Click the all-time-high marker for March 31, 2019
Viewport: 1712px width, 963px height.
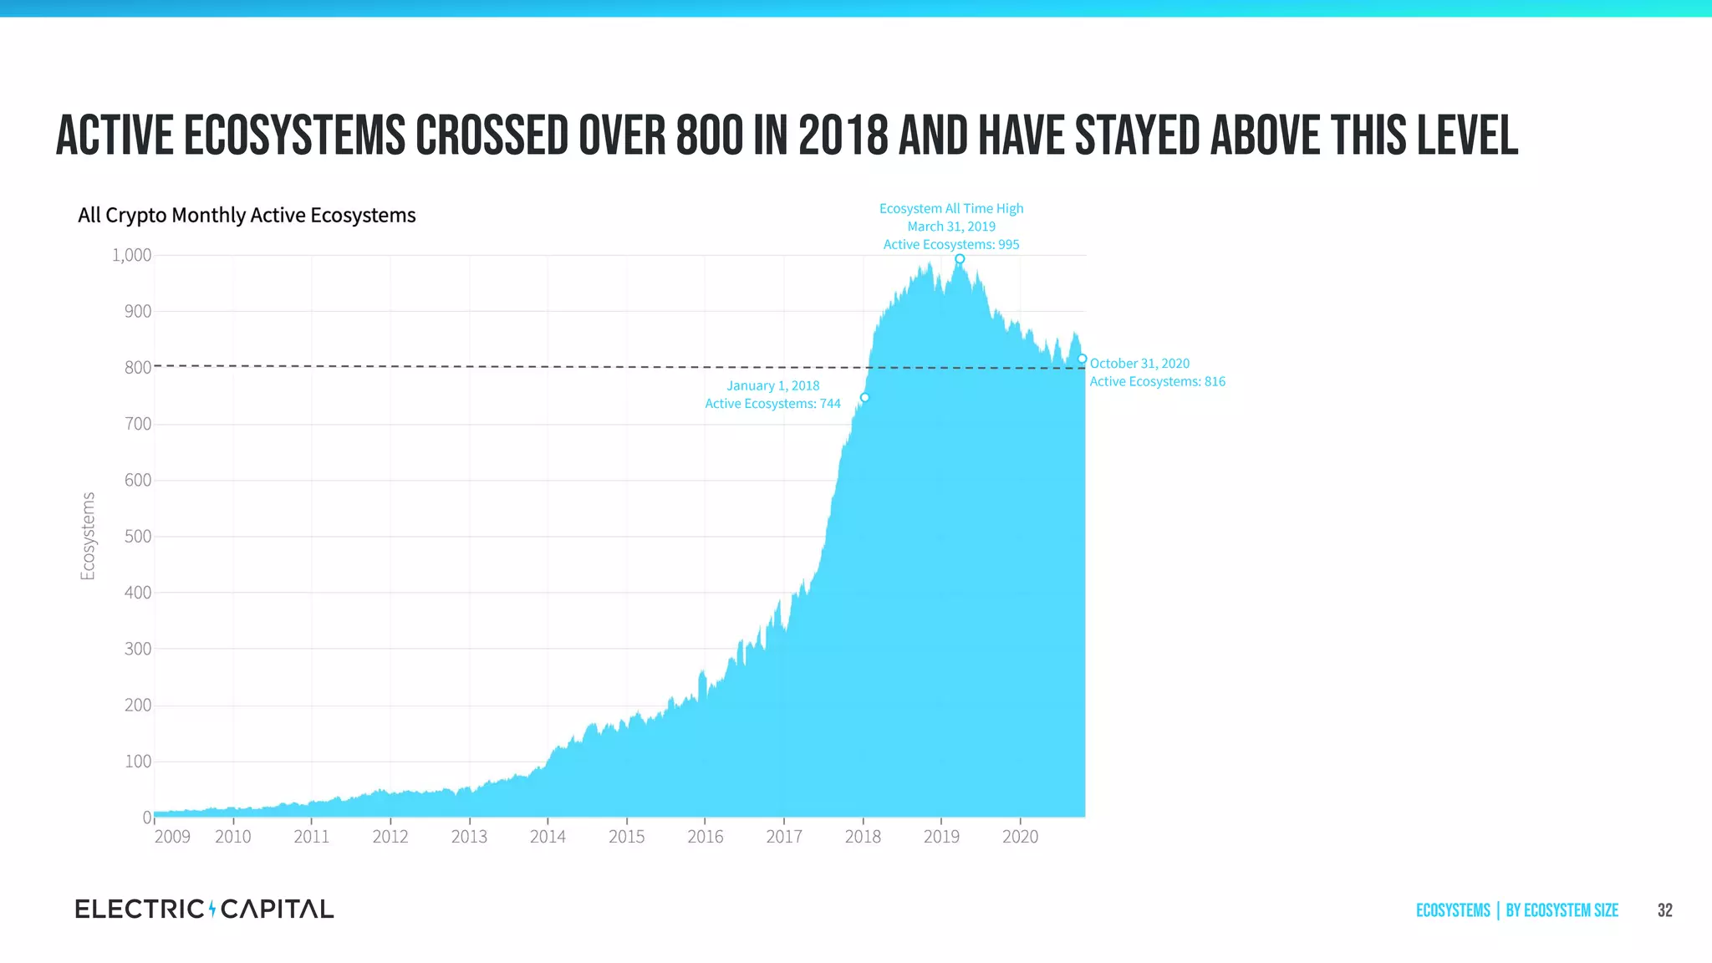point(960,259)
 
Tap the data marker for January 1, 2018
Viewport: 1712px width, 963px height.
point(864,398)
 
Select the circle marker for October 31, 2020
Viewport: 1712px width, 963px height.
point(1082,359)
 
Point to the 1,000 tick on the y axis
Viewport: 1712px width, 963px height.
point(131,255)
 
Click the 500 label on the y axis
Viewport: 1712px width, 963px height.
point(138,536)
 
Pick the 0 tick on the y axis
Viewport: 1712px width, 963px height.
point(147,818)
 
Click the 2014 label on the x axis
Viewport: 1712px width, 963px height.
point(548,837)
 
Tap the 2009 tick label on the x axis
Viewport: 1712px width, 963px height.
point(172,837)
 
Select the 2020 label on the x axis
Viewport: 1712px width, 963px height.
point(1020,837)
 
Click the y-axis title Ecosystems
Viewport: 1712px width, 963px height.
point(88,536)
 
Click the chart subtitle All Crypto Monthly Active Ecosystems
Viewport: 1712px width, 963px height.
point(247,216)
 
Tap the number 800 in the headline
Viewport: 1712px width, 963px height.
point(709,136)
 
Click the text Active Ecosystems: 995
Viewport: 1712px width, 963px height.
point(951,245)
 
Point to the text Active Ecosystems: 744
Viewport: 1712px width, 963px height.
point(772,404)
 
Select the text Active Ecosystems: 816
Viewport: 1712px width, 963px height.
point(1157,382)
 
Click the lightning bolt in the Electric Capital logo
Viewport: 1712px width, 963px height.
point(212,909)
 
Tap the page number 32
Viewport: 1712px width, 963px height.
point(1664,910)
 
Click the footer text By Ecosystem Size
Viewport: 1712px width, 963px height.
point(1562,910)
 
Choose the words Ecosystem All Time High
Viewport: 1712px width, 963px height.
point(951,208)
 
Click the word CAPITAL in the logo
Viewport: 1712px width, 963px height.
point(277,909)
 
